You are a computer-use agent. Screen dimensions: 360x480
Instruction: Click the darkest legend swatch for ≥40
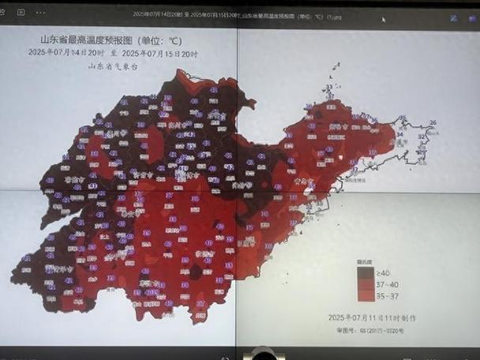point(366,272)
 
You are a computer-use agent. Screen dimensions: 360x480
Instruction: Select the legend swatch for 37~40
point(366,284)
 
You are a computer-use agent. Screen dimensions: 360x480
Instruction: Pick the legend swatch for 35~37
point(366,295)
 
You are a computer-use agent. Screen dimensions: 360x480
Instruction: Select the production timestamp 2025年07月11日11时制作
point(372,317)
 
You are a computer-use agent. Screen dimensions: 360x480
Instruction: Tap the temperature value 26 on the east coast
point(433,122)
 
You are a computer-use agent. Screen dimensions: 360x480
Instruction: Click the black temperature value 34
point(400,134)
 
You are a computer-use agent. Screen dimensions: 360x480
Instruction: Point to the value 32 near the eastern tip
point(421,137)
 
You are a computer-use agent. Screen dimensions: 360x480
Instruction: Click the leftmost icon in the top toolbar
point(6,13)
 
